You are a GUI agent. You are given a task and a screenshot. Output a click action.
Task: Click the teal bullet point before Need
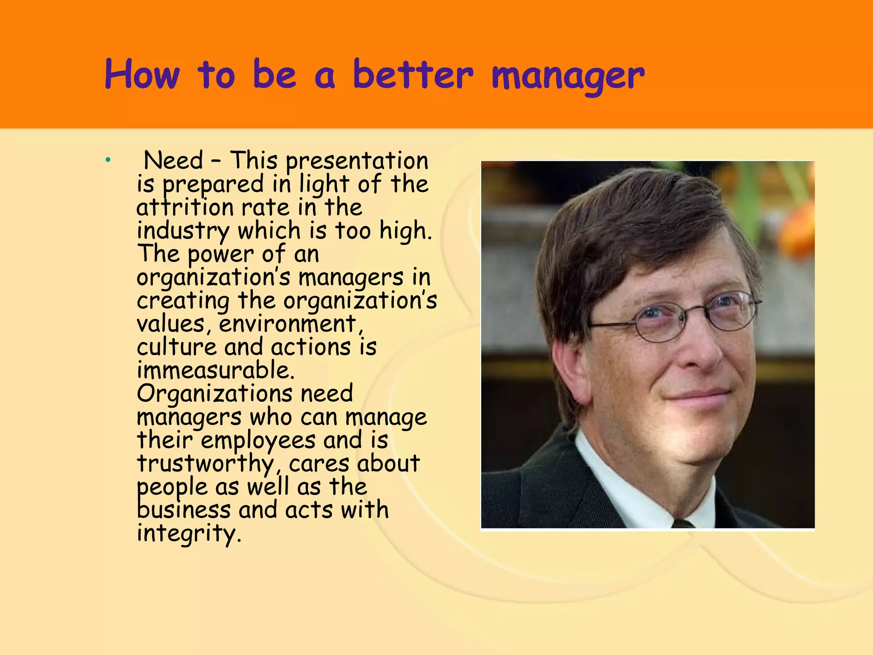(x=108, y=160)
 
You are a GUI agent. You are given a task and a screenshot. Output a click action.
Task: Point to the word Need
(x=173, y=161)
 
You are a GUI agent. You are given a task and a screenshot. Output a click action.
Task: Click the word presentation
(x=357, y=162)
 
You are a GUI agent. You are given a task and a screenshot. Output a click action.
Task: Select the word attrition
(x=185, y=208)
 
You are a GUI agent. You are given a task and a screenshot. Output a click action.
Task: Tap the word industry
(x=183, y=231)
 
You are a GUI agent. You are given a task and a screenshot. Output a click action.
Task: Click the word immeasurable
(x=216, y=370)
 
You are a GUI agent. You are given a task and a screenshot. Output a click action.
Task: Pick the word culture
(x=176, y=347)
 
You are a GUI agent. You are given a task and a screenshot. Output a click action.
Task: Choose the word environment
(x=288, y=324)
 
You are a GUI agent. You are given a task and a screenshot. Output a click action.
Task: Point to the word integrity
(x=188, y=533)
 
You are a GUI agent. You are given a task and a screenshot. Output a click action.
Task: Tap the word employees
(x=258, y=440)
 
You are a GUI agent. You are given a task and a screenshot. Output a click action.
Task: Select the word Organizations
(x=214, y=394)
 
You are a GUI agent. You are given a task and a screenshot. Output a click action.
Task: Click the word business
(x=183, y=510)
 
